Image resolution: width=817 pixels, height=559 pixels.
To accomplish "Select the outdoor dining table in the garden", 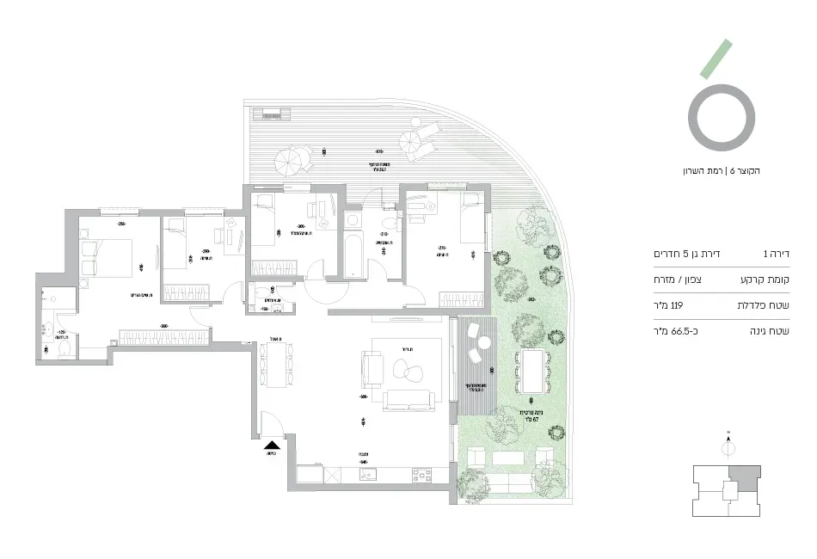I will (531, 367).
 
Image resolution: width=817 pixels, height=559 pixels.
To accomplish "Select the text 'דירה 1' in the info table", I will (777, 255).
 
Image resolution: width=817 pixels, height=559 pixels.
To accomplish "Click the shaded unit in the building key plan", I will (745, 475).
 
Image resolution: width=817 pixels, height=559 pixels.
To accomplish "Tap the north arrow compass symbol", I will (728, 445).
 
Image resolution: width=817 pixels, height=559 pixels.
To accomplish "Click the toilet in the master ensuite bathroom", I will (62, 352).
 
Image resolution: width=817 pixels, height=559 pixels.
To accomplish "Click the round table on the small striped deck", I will (484, 343).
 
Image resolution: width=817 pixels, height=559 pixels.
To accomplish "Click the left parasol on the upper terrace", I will (288, 159).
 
